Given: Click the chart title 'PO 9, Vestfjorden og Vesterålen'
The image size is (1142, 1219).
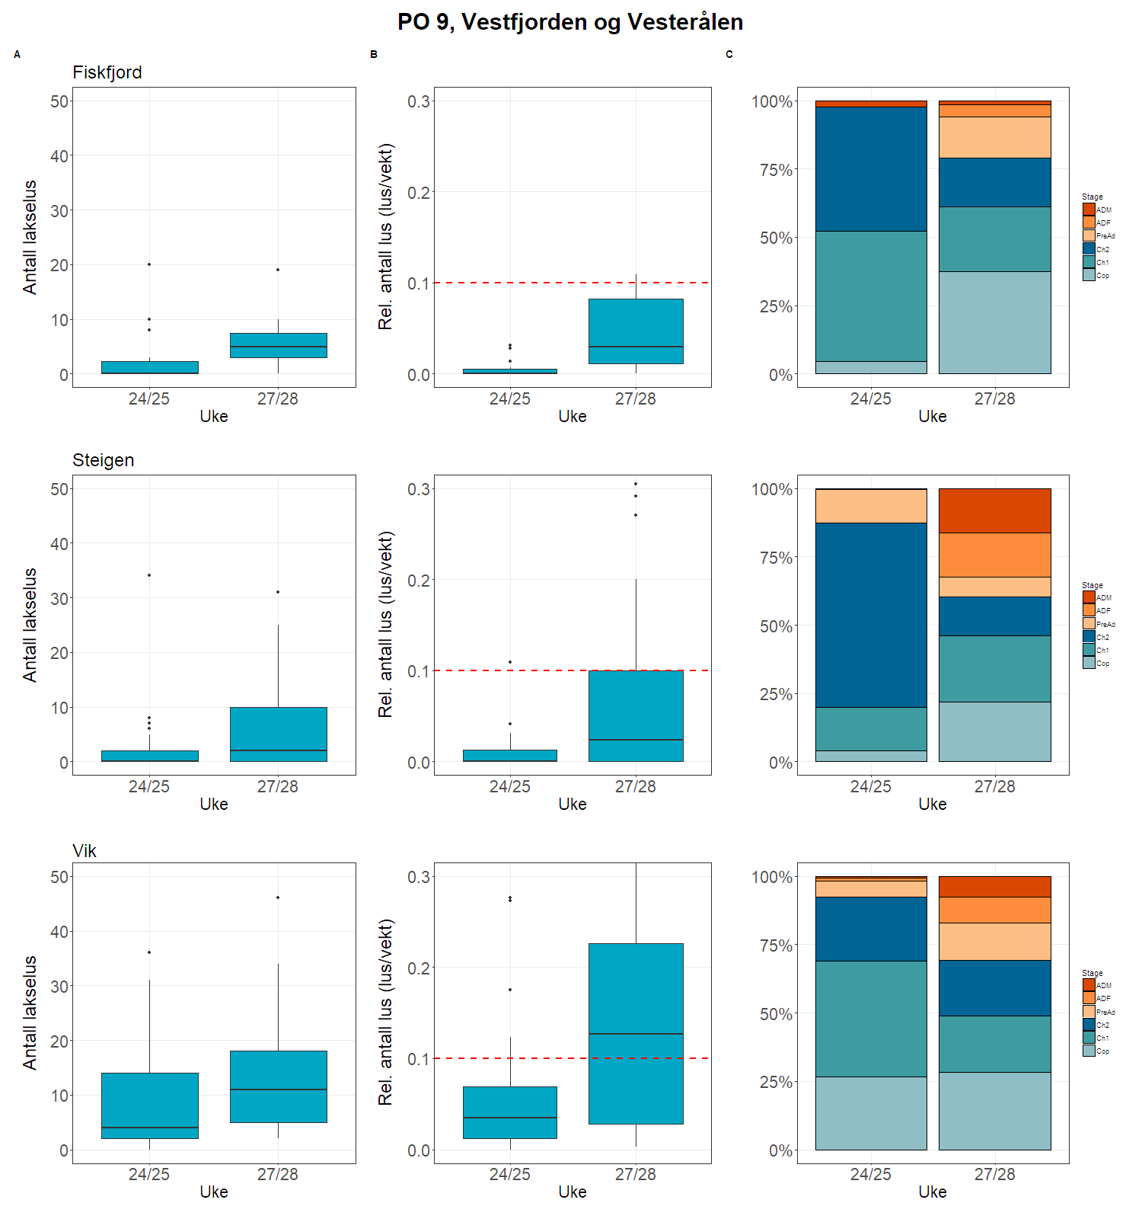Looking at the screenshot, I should coord(570,22).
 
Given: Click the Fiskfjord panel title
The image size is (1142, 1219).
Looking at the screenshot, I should coord(107,72).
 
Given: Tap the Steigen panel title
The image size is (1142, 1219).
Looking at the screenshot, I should coord(104,460).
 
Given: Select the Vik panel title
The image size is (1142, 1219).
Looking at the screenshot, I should coord(85,851).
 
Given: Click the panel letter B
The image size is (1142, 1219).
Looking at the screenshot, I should coord(374,55).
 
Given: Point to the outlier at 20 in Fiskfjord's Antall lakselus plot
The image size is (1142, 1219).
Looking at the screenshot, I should coord(149,264).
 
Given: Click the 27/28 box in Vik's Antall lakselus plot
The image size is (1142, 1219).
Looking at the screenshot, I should coord(279,1086).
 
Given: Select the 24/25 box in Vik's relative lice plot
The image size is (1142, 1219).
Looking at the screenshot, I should coord(510,1112).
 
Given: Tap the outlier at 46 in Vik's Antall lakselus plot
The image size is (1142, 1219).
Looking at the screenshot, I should coord(278,897).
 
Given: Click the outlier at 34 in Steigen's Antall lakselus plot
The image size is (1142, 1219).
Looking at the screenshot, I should coord(149,575).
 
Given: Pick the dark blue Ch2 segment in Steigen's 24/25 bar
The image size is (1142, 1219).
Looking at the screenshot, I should coord(871,615).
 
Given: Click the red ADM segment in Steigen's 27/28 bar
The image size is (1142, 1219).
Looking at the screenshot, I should coord(995,510).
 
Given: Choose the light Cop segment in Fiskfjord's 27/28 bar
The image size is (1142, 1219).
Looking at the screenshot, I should coord(995,322).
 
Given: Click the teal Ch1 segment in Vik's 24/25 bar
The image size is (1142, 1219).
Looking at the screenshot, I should coord(871,1019).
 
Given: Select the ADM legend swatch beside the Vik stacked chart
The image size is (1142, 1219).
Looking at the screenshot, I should coord(1089,985).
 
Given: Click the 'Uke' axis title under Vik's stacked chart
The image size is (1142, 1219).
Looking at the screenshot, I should coord(933,1192).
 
